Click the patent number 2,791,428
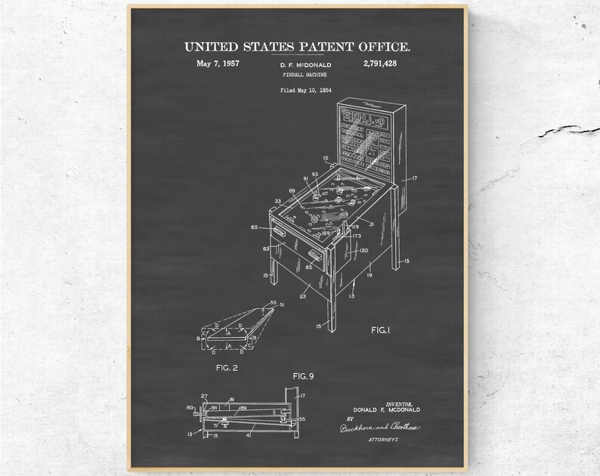[379, 63]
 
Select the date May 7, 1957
[218, 63]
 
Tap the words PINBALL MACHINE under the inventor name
[298, 76]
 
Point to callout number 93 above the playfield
[314, 175]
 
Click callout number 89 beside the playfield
[292, 191]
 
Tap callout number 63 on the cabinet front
[266, 248]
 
